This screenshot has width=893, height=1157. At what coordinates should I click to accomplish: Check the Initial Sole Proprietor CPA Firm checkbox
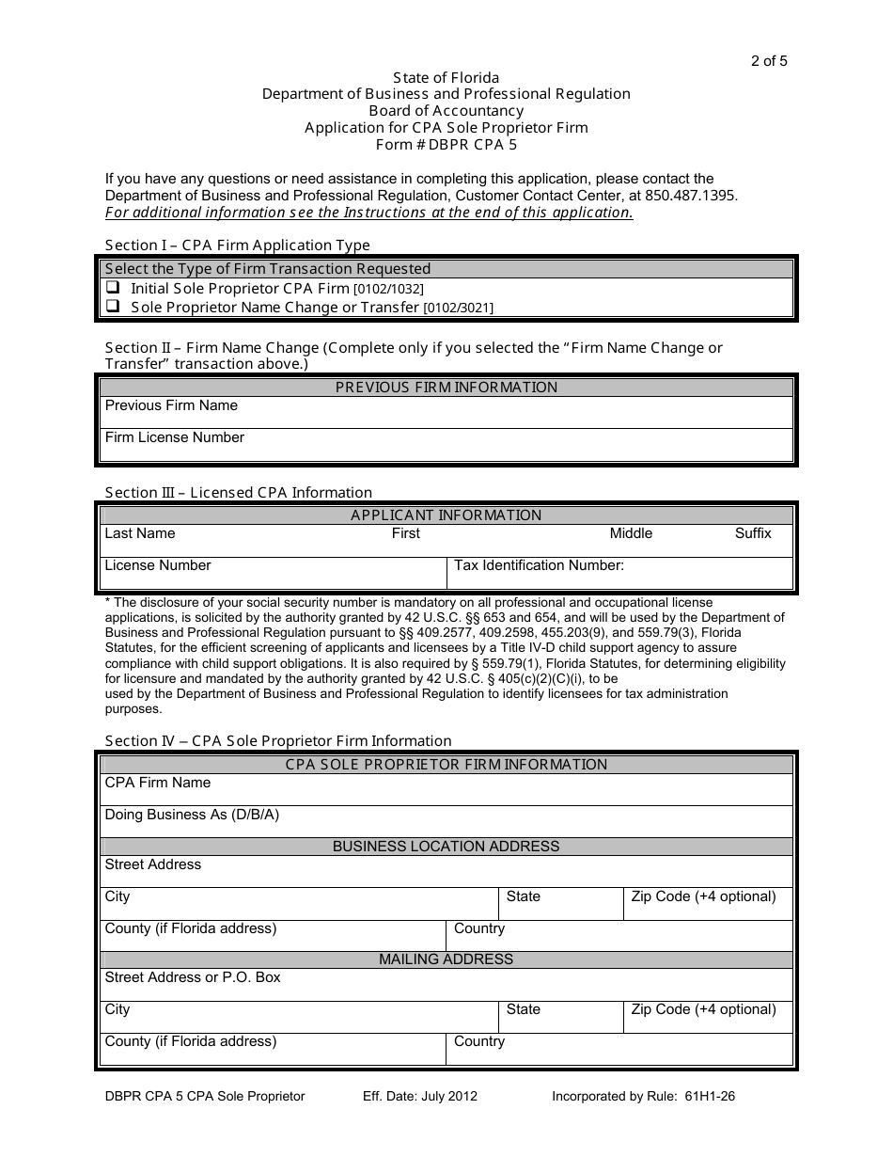pyautogui.click(x=112, y=288)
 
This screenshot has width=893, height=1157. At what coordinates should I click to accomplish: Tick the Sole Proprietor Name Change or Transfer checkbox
pyautogui.click(x=112, y=306)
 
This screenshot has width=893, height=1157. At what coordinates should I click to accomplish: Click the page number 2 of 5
pyautogui.click(x=769, y=62)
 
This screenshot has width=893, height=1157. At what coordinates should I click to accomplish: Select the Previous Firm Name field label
pyautogui.click(x=171, y=405)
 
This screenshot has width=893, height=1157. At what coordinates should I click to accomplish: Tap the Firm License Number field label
pyautogui.click(x=174, y=437)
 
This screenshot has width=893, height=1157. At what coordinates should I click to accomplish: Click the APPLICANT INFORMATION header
pyautogui.click(x=446, y=515)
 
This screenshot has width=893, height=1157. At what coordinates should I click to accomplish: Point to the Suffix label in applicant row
pyautogui.click(x=752, y=533)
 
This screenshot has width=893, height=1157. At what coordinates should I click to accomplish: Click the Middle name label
pyautogui.click(x=630, y=533)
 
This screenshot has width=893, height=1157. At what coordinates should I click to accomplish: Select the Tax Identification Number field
pyautogui.click(x=620, y=573)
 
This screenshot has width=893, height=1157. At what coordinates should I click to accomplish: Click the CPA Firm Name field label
pyautogui.click(x=157, y=783)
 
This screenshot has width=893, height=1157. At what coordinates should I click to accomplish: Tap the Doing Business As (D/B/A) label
pyautogui.click(x=192, y=815)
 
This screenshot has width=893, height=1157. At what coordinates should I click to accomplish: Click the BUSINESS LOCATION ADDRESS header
pyautogui.click(x=446, y=847)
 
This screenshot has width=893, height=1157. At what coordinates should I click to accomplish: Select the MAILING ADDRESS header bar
pyautogui.click(x=446, y=959)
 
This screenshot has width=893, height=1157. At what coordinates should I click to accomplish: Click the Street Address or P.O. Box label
pyautogui.click(x=192, y=977)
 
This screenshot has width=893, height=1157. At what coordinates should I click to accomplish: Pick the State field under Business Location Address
pyautogui.click(x=560, y=904)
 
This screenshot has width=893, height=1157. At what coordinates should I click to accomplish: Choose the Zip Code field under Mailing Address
pyautogui.click(x=708, y=1017)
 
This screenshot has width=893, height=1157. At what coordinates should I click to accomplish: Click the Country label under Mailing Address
pyautogui.click(x=478, y=1041)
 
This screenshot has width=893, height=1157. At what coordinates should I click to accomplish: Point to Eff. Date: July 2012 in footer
pyautogui.click(x=420, y=1096)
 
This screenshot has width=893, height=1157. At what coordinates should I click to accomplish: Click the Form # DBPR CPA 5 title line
pyautogui.click(x=446, y=145)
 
